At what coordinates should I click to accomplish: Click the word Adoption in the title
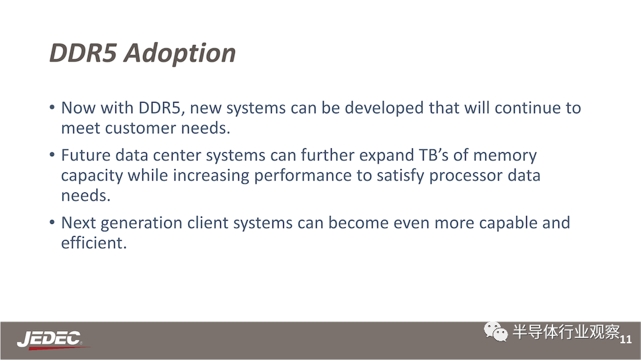(180, 54)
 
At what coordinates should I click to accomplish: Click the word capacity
(92, 176)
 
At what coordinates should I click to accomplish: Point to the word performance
(303, 176)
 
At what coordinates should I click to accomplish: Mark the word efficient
(94, 243)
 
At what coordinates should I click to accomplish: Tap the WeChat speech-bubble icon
(495, 331)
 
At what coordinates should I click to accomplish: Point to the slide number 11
(626, 339)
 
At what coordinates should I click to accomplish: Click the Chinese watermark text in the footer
(566, 332)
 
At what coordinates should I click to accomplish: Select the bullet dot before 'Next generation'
(52, 223)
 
